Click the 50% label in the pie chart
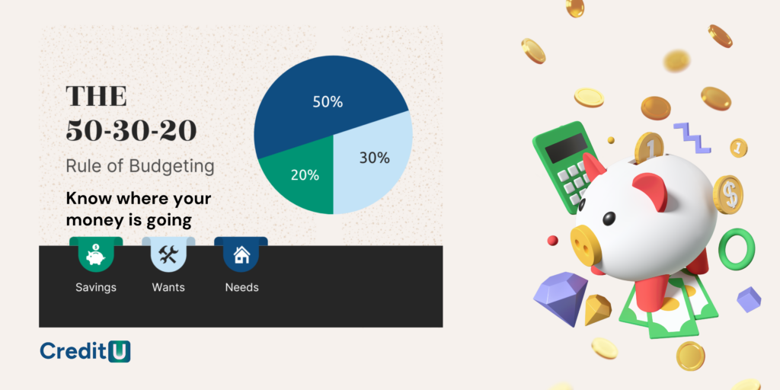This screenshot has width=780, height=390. pos(328,102)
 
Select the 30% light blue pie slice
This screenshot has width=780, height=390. pos(373,161)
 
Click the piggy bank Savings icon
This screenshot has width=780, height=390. pos(95,256)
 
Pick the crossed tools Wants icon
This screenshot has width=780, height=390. pos(168,255)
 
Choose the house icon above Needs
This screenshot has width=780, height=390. pos(241,256)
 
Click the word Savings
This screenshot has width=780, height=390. pos(96,287)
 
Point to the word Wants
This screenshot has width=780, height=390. pos(168,287)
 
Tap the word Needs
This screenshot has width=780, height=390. pos(241,287)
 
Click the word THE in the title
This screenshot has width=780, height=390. pos(97,96)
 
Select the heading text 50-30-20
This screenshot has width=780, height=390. pos(131,131)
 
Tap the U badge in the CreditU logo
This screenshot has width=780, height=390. pos(119,351)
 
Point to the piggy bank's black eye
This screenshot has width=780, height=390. pos(609,218)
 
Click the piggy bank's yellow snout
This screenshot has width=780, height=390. pos(586,245)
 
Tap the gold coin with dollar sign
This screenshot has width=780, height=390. pos(727,194)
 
